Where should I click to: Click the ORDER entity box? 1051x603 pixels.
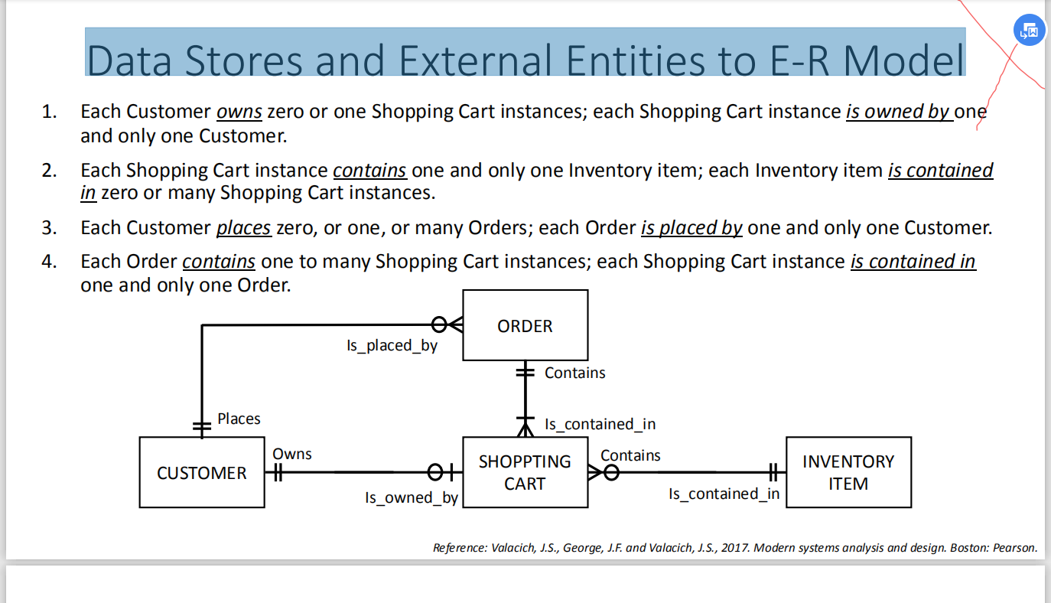coord(525,325)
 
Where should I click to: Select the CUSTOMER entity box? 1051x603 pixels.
coord(202,472)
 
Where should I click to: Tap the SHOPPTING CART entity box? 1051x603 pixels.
coord(525,472)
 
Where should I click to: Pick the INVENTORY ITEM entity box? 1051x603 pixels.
coord(849,472)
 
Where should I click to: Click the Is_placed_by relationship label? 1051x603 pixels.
coord(392,346)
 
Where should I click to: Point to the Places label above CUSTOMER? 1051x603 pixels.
coord(239,419)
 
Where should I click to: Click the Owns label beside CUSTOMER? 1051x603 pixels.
coord(292,454)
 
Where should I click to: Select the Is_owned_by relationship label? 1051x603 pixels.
coord(412,498)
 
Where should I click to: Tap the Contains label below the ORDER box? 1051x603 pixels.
coord(574,373)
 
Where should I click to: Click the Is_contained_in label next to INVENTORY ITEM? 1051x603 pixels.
coord(724,494)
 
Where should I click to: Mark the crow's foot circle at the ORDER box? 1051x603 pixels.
coord(439,324)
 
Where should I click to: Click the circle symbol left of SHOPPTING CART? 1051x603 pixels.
coord(435,472)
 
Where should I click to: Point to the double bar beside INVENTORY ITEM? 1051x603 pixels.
coord(773,472)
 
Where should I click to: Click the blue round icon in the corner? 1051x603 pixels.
coord(1029,30)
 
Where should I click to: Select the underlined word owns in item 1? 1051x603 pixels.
coord(239,112)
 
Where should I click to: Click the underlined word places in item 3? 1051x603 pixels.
coord(243,228)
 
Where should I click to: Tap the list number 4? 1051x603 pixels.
coord(49,262)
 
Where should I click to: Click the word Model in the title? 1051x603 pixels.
coord(903,60)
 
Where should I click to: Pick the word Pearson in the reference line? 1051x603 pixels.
coord(1015,548)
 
